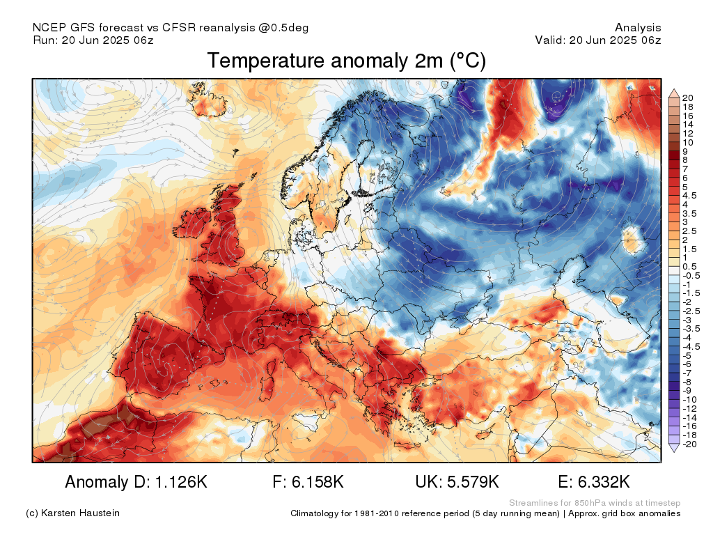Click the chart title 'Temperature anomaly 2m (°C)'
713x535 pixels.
click(x=347, y=61)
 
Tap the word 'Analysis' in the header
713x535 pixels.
click(x=638, y=28)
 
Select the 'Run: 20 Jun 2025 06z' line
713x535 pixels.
click(x=93, y=40)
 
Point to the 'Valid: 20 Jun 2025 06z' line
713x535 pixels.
click(x=598, y=40)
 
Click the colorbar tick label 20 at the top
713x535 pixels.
click(x=687, y=98)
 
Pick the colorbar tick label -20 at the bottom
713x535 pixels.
click(x=689, y=444)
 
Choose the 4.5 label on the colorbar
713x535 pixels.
click(x=689, y=196)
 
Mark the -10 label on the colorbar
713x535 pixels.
click(x=689, y=400)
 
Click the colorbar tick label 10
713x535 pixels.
click(x=687, y=142)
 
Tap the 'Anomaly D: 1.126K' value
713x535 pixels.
click(x=136, y=482)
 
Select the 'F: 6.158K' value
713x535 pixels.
click(x=308, y=482)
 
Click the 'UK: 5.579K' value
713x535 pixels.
click(x=457, y=482)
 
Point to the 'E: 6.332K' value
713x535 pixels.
click(x=594, y=482)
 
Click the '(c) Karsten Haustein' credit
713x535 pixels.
click(x=72, y=513)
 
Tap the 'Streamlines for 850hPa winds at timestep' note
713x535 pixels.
click(x=595, y=503)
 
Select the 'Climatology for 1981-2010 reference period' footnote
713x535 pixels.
click(x=425, y=513)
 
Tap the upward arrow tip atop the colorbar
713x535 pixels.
click(x=674, y=90)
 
